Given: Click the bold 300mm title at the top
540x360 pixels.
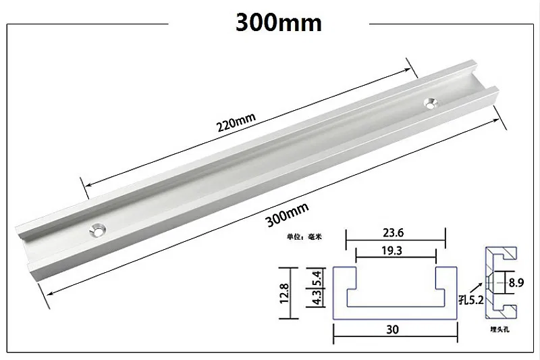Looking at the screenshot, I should click(x=278, y=22).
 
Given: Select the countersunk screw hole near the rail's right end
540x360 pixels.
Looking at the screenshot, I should click(x=431, y=103).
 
